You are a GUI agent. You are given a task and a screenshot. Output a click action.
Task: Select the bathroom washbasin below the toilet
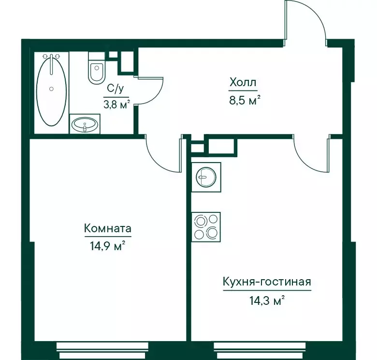(85, 125)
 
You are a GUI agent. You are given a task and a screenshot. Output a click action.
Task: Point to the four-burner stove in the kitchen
(206, 227)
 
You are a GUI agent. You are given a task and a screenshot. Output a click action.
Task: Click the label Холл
(243, 83)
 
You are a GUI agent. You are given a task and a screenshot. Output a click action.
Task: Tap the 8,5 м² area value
(245, 102)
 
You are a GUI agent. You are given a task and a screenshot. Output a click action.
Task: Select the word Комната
(107, 228)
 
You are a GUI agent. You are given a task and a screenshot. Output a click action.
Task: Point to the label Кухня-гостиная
(266, 282)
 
